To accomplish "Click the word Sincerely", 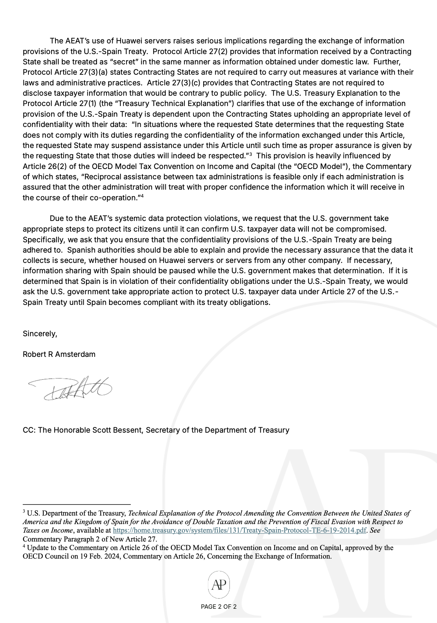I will click(40, 334).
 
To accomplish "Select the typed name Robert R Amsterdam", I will click(59, 354).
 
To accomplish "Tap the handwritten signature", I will click(71, 389).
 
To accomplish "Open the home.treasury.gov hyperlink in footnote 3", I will click(239, 530).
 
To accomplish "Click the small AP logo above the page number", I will click(219, 585).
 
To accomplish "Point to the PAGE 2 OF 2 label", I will click(218, 607).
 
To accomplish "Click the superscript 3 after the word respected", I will click(250, 154).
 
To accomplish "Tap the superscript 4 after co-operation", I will click(142, 196).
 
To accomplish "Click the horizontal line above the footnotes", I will click(76, 504).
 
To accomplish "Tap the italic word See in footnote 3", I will click(375, 530).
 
